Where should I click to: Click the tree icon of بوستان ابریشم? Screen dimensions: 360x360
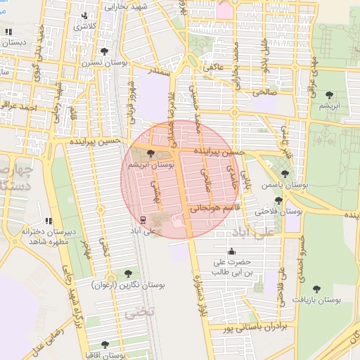point(152,153)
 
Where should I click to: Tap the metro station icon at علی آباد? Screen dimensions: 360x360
point(143,219)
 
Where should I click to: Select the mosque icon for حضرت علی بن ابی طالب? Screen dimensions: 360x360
point(232,252)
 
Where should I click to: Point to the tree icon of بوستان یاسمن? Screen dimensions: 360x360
point(285,174)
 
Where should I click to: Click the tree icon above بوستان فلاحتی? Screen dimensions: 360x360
point(279,200)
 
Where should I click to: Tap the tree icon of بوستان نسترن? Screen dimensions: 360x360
point(105,51)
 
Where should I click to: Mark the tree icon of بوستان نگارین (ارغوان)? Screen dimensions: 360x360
point(127,273)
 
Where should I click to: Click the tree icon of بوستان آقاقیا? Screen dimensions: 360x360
point(105,345)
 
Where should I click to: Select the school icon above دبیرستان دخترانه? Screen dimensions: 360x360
point(49,221)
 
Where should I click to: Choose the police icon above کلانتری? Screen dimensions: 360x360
point(85,15)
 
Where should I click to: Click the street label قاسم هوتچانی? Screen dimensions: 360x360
point(215,208)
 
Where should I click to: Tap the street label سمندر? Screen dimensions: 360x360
point(161,71)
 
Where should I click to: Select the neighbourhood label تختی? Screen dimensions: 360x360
point(139,314)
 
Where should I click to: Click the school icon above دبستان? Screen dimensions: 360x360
point(8,32)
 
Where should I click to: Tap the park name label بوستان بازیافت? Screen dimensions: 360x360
point(318,300)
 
